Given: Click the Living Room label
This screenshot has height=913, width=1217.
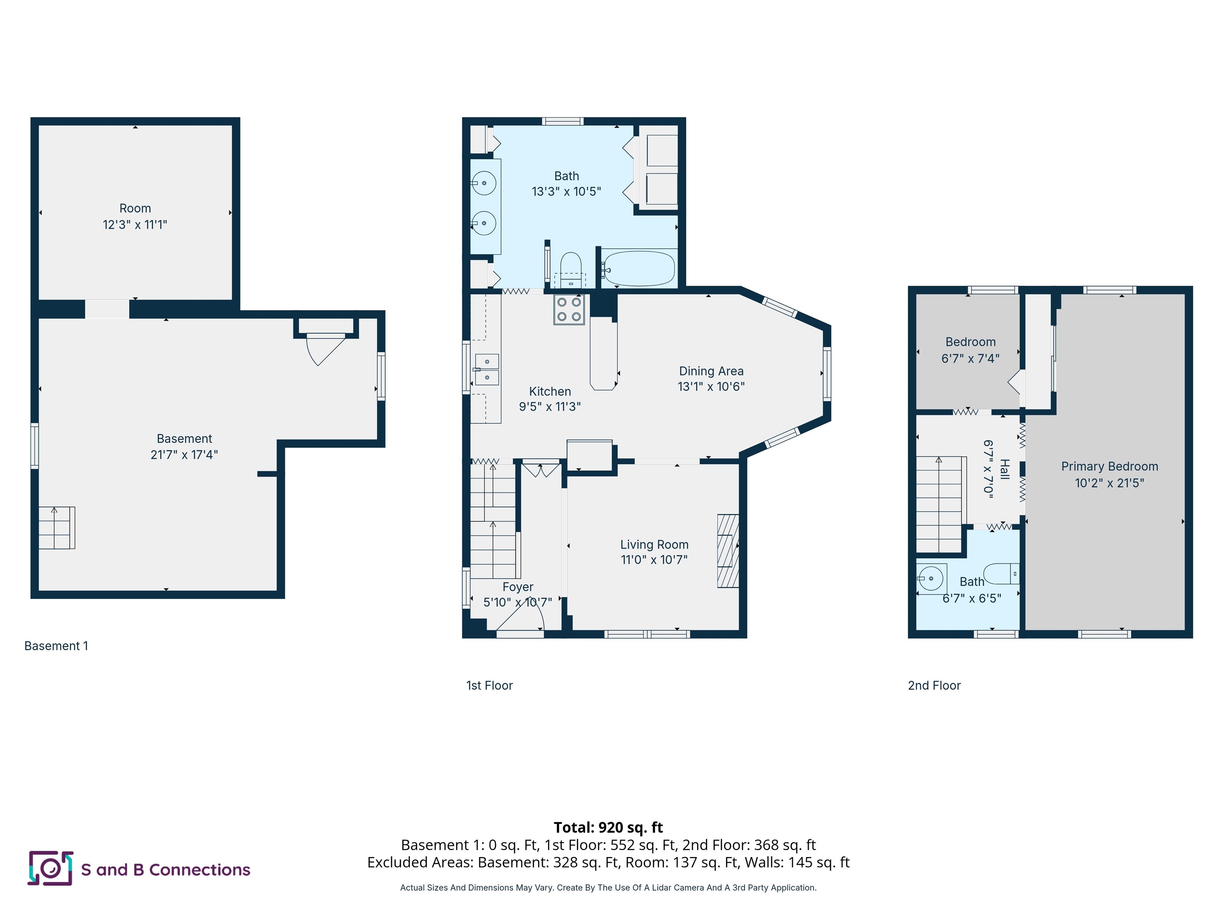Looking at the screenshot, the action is point(654,544).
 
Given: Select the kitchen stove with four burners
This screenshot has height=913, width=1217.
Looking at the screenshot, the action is point(569,309).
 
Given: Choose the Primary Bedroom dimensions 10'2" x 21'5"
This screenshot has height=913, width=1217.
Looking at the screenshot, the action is point(1109,483).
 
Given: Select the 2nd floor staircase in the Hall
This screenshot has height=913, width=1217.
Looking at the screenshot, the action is point(941,504).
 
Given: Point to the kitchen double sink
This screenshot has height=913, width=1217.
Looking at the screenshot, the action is point(487,369).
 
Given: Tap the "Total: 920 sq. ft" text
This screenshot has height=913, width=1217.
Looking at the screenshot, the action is point(608,827).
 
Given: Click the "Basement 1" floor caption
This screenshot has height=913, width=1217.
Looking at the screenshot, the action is point(56,646).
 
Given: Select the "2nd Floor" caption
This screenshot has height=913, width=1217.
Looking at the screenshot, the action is point(934,685).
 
